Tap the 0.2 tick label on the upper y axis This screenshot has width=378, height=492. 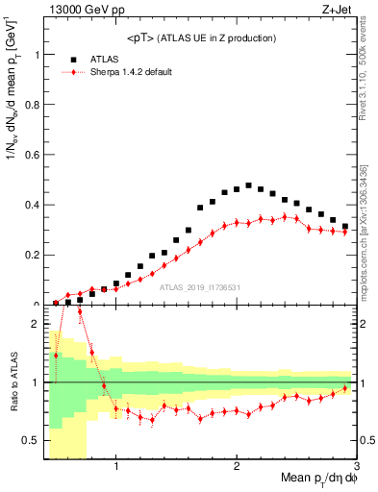[35, 256]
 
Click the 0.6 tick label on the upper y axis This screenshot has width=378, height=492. [35, 155]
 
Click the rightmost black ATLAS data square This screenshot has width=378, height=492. [344, 227]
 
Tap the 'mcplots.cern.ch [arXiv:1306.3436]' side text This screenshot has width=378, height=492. [369, 216]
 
